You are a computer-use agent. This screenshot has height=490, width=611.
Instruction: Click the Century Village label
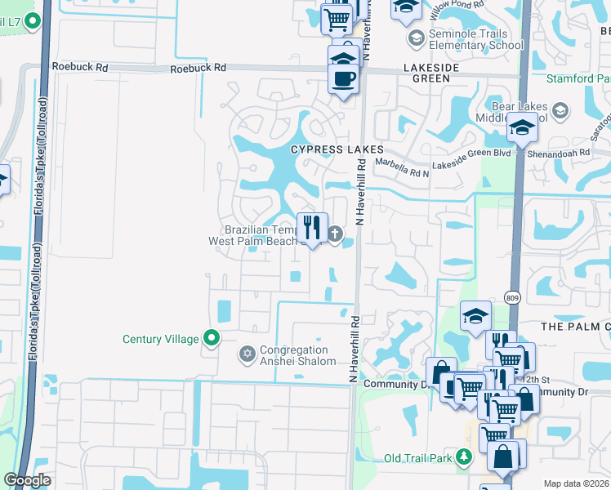tap(160, 339)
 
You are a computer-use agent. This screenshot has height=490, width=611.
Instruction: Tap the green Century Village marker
tap(212, 337)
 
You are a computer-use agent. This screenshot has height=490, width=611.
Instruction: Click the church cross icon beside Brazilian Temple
tap(334, 235)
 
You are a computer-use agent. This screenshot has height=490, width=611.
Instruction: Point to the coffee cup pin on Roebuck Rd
tap(343, 79)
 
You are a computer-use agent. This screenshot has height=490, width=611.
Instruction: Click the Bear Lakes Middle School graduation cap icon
tap(560, 110)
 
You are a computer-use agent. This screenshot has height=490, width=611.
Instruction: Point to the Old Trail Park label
tap(418, 457)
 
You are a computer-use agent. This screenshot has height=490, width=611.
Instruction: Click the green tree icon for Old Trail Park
tap(465, 456)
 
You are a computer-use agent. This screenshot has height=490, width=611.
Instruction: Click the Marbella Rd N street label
tap(402, 172)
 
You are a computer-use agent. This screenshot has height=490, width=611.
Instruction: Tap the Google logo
tap(27, 480)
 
